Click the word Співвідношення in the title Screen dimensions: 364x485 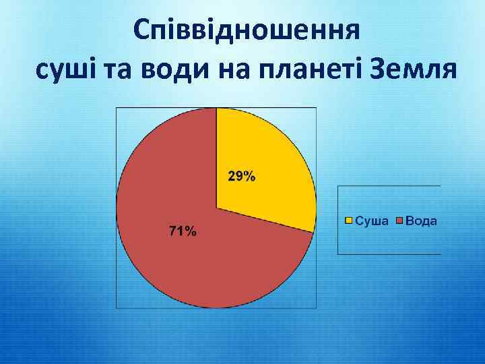[245, 31]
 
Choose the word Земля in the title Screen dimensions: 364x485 [412, 68]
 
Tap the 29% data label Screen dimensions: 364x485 [241, 177]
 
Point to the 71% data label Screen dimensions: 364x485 [182, 232]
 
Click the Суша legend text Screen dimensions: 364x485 [371, 220]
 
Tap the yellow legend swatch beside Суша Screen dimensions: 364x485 [349, 220]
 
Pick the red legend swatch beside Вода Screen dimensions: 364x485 [399, 220]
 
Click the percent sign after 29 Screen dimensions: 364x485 [249, 177]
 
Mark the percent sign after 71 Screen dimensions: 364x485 [191, 232]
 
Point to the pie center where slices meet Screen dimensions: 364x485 [216, 208]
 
